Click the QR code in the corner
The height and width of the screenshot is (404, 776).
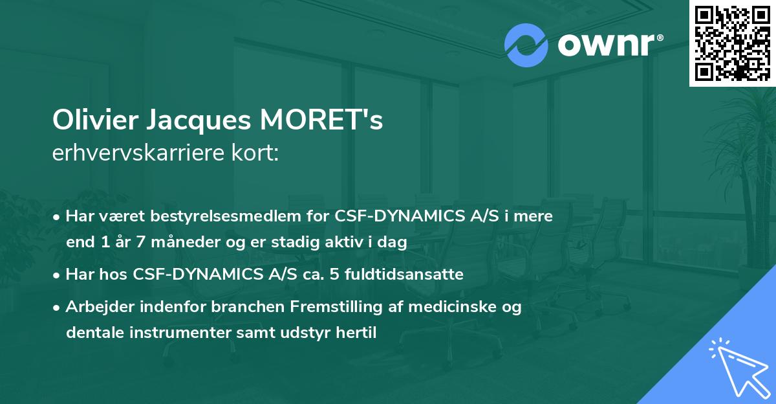tap(732, 43)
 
